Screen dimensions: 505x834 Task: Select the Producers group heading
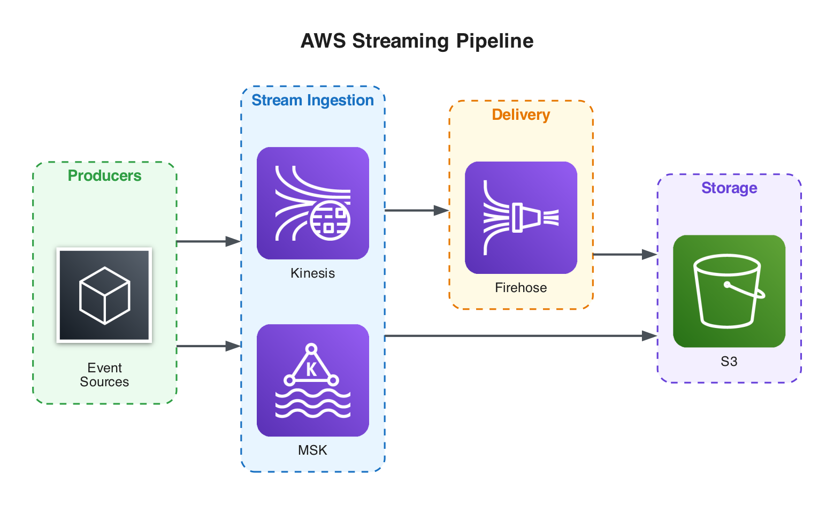click(x=104, y=175)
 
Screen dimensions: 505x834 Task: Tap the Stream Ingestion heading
click(x=312, y=100)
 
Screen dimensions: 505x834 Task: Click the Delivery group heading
click(x=521, y=114)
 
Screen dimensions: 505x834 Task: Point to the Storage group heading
click(x=729, y=188)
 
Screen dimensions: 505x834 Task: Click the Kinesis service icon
click(x=312, y=203)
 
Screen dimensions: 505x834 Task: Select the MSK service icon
click(x=312, y=380)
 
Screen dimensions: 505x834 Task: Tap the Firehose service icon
click(x=521, y=218)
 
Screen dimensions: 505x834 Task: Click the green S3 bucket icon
click(x=729, y=291)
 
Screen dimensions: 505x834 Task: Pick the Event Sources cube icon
click(x=104, y=295)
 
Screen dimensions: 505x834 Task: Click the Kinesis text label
click(x=312, y=273)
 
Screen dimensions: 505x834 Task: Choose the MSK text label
click(x=312, y=450)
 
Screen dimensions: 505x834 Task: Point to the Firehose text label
click(x=521, y=288)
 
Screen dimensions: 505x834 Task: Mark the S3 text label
click(x=729, y=362)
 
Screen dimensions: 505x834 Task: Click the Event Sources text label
click(x=104, y=375)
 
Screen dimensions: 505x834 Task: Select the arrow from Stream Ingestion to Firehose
click(x=416, y=211)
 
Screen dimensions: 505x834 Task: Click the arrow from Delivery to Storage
click(x=624, y=255)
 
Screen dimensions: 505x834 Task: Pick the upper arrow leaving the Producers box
click(x=208, y=242)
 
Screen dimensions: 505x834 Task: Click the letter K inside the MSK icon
click(x=311, y=369)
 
